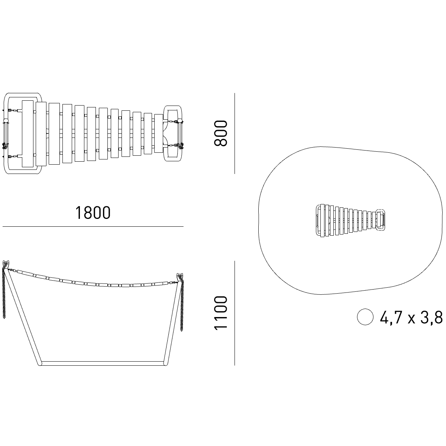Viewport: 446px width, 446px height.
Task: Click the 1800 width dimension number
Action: pos(93,213)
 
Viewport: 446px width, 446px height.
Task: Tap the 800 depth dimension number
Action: pos(220,133)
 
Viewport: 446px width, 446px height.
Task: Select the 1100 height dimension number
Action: pos(220,313)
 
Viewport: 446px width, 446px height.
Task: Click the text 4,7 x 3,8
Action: pos(411,317)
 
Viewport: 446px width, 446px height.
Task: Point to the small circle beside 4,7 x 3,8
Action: pos(365,317)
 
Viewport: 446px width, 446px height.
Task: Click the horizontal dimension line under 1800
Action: pos(93,226)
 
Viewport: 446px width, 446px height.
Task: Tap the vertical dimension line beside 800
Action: pos(235,133)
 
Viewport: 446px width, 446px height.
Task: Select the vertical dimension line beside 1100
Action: pos(235,313)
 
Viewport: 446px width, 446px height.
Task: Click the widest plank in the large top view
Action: pos(28,133)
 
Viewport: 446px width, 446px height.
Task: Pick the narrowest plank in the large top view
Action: pos(159,133)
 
